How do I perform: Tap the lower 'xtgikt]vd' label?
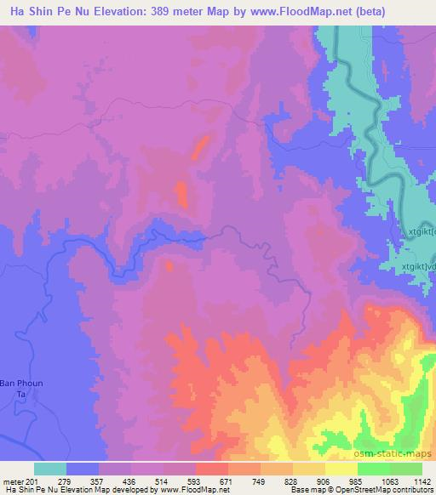click(418, 266)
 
